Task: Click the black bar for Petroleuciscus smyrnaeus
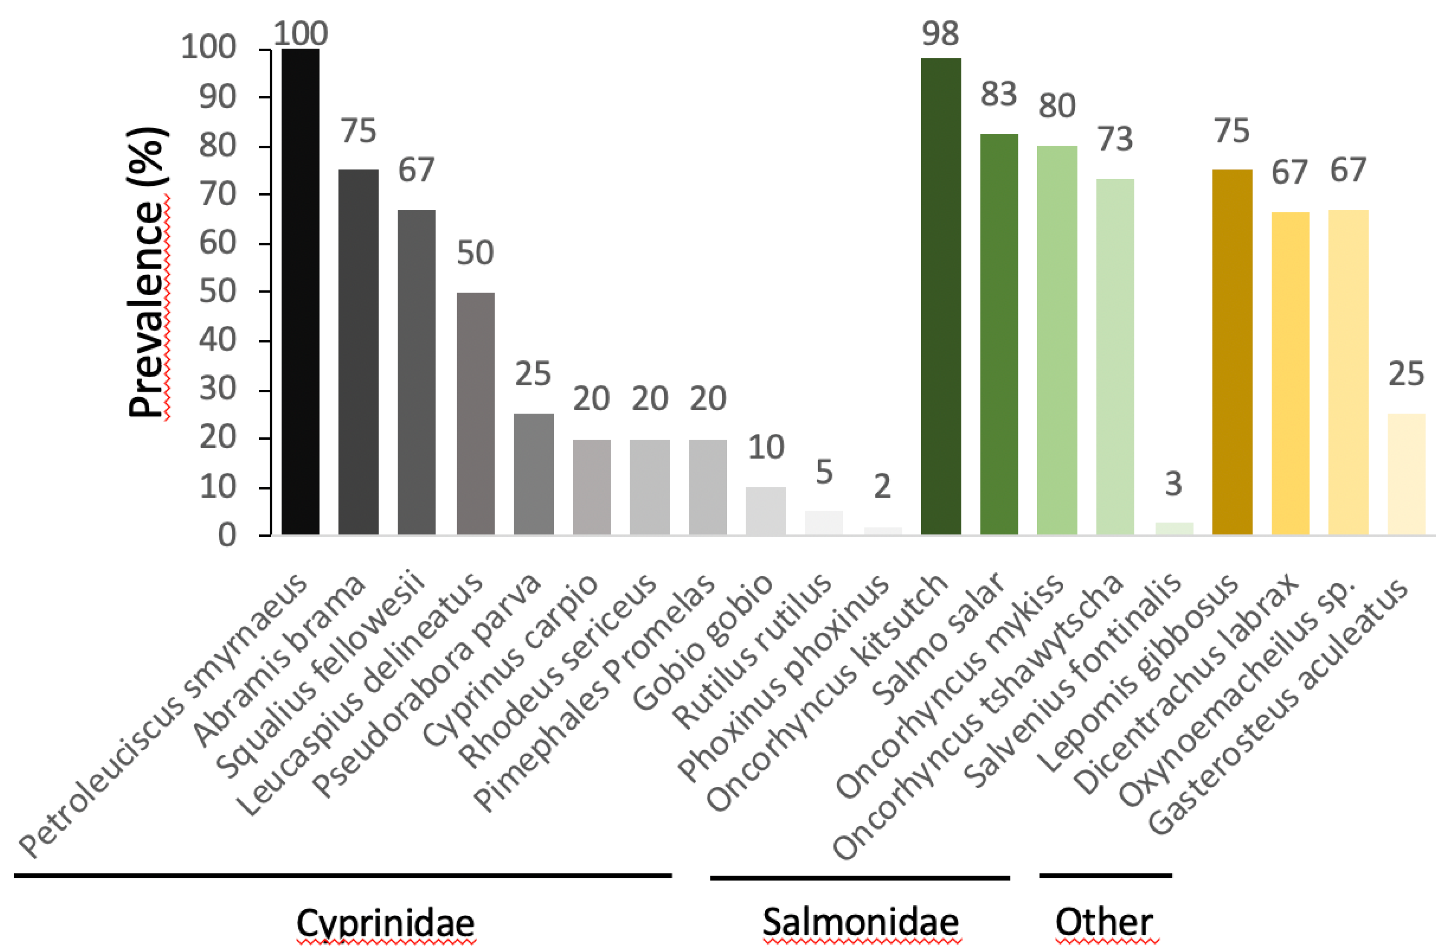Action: [x=300, y=293]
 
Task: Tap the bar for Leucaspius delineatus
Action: [x=475, y=414]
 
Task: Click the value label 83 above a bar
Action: [x=998, y=94]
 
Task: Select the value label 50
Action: [x=475, y=253]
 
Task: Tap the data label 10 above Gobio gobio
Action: [x=766, y=448]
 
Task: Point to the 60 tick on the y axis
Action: [x=217, y=243]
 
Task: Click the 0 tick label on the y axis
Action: [x=226, y=536]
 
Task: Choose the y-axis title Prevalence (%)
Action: [x=148, y=273]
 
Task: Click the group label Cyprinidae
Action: [x=385, y=922]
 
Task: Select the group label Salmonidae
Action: [x=860, y=922]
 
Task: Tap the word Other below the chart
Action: [x=1104, y=922]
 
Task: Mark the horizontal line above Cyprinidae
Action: [x=343, y=876]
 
